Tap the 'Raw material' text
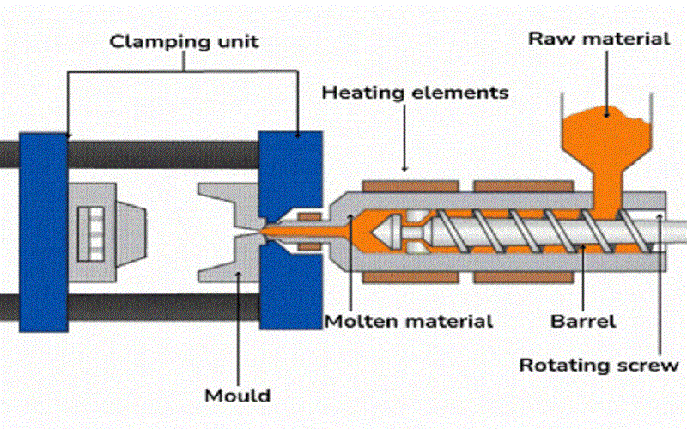[599, 38]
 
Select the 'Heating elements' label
[415, 91]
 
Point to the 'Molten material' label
[409, 322]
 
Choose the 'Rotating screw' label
[599, 365]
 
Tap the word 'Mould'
[237, 396]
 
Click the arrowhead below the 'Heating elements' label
[404, 166]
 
